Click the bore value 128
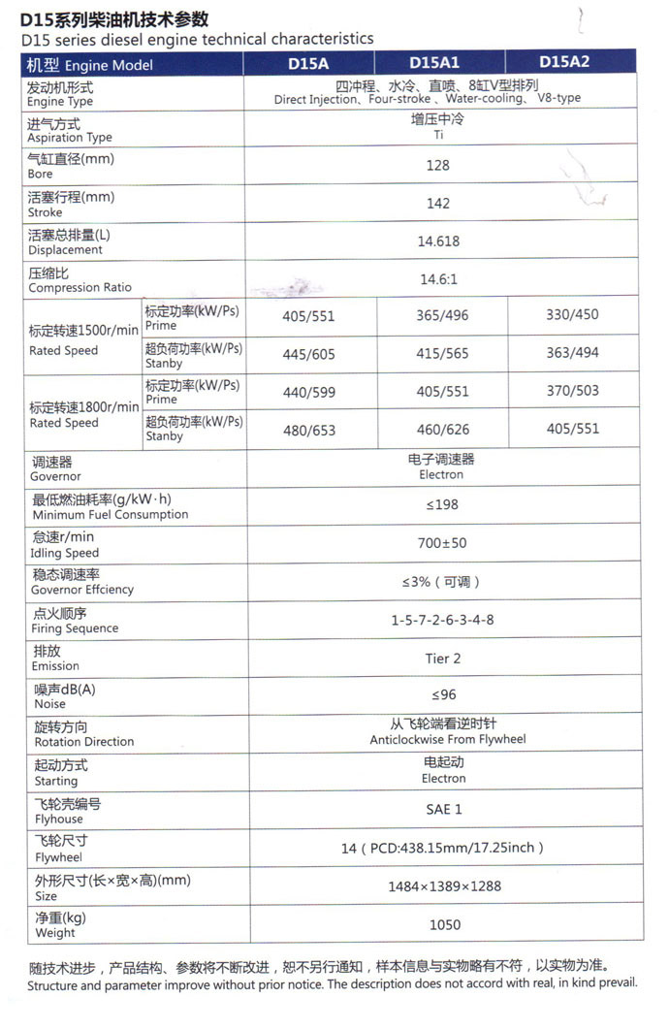(438, 165)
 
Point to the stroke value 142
(438, 203)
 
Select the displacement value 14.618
(438, 241)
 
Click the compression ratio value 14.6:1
(438, 279)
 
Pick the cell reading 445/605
(308, 354)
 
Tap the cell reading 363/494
(572, 353)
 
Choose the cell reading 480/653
(308, 430)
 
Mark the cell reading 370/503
(572, 391)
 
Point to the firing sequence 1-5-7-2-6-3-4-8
(442, 619)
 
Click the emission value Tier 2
(443, 658)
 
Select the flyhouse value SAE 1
(443, 809)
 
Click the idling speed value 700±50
(441, 543)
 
